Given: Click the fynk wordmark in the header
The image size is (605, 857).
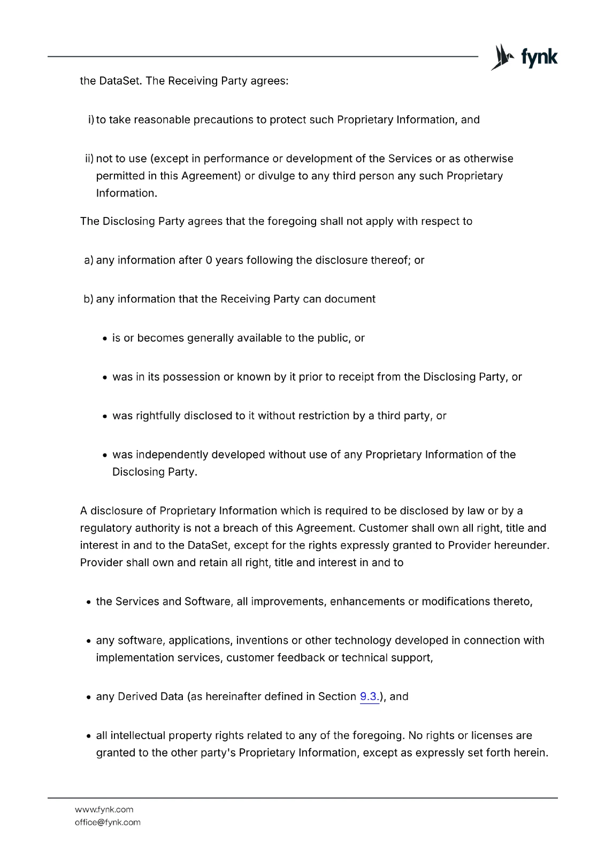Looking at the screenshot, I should click(x=539, y=57).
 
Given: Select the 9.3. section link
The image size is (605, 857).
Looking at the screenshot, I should click(x=369, y=696).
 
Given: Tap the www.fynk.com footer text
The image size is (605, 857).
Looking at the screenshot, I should click(x=104, y=809).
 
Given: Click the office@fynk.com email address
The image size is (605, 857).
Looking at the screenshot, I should click(x=108, y=822).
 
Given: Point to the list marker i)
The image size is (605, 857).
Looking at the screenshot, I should click(x=90, y=119).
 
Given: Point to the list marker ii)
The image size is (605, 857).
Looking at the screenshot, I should click(x=89, y=159).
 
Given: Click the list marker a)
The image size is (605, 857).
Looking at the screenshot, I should click(x=88, y=260).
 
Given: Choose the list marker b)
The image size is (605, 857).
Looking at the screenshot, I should click(x=88, y=299).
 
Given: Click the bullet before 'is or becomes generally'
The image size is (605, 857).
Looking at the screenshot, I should click(x=106, y=339).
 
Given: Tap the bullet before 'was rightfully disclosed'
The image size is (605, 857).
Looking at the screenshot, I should click(x=106, y=416).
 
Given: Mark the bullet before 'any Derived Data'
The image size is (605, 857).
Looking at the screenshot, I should click(x=90, y=697).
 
